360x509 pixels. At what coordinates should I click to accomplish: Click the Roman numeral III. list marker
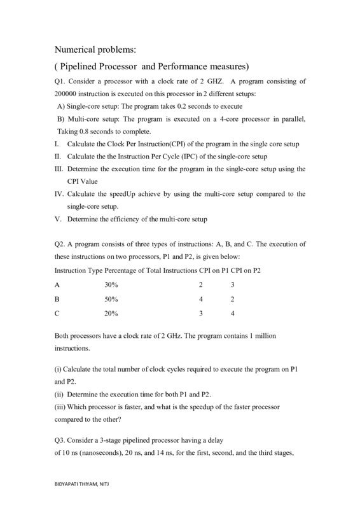point(58,169)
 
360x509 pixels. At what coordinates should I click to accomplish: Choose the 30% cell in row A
point(111,285)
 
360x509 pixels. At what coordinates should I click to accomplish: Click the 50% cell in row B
point(111,299)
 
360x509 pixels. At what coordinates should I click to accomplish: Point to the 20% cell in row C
point(111,313)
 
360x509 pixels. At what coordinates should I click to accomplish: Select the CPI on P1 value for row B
point(200,299)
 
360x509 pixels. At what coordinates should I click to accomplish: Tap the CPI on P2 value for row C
point(233,313)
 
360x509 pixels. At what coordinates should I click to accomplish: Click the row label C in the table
point(57,313)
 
